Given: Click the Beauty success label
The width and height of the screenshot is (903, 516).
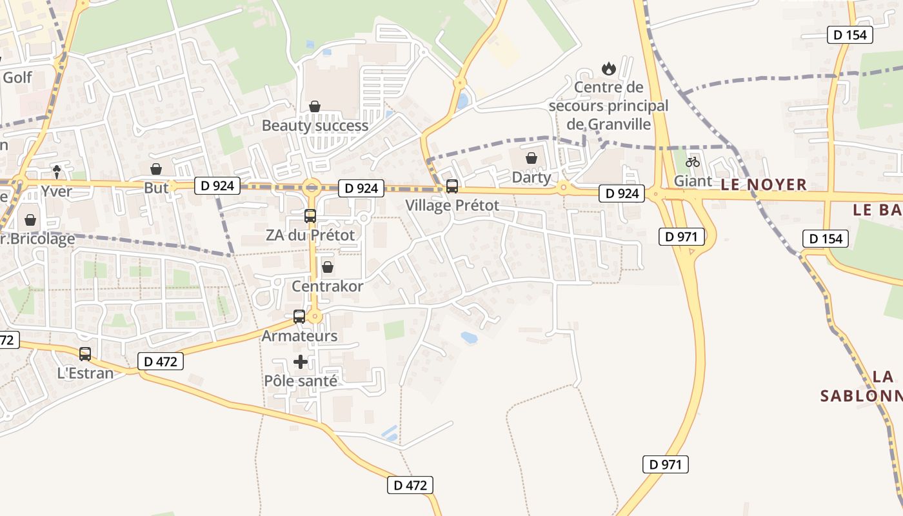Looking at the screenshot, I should [x=315, y=125].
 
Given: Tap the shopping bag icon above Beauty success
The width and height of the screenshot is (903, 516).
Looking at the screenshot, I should [x=315, y=106].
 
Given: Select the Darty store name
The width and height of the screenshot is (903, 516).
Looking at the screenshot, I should [x=531, y=177].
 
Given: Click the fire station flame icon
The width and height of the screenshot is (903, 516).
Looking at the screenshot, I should [x=608, y=68].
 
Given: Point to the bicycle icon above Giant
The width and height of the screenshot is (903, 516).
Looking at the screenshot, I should [x=693, y=162].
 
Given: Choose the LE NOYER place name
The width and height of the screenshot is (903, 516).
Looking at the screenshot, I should [x=764, y=184].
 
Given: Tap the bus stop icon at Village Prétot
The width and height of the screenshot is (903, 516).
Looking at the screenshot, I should [x=452, y=186].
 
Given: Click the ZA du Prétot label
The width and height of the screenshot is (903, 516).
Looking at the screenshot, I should [x=310, y=235].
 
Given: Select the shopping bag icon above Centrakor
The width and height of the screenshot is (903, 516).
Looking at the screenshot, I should [x=328, y=267].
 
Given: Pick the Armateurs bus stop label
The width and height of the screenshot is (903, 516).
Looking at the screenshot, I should [x=299, y=336].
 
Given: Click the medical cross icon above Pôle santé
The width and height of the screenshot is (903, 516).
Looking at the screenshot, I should [x=301, y=362].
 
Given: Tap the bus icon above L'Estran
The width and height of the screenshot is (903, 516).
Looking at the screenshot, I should [x=85, y=354].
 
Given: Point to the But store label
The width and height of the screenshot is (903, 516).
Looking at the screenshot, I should [x=156, y=188].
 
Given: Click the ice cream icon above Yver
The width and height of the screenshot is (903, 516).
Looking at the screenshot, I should [x=57, y=172].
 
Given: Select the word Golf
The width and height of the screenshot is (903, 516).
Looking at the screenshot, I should [x=17, y=78].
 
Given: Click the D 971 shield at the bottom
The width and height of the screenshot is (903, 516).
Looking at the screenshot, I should [x=666, y=464].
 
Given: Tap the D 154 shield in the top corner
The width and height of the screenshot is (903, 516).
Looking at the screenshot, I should [x=850, y=35].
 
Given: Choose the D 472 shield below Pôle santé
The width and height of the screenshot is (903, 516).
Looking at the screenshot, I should [x=410, y=485].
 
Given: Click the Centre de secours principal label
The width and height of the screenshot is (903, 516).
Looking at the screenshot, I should [x=608, y=105].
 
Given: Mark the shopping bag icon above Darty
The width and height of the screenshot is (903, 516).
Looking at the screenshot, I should [x=531, y=158].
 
